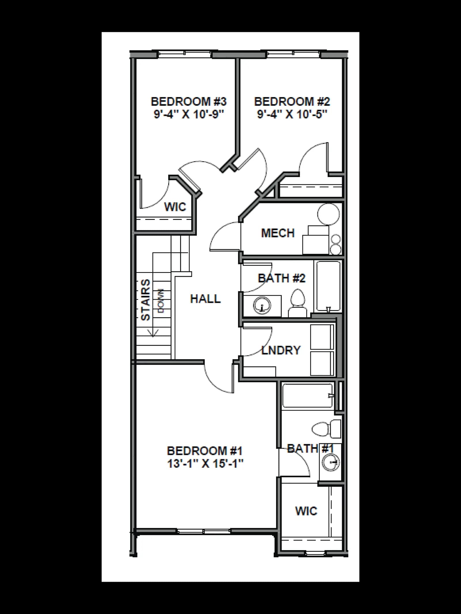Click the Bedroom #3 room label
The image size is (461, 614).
(189, 102)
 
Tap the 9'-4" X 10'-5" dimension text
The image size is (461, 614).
(292, 115)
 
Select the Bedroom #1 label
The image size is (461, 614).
(205, 450)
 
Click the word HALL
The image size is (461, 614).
(205, 299)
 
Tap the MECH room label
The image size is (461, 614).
(278, 233)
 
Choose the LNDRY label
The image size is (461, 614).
(281, 350)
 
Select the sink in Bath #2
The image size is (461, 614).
(262, 305)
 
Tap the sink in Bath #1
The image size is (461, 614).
(331, 462)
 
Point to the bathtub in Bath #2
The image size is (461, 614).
(328, 286)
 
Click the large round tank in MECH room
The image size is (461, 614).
(328, 214)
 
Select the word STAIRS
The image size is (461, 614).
(146, 300)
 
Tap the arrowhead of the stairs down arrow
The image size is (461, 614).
(153, 333)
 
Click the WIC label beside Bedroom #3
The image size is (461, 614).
(175, 207)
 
